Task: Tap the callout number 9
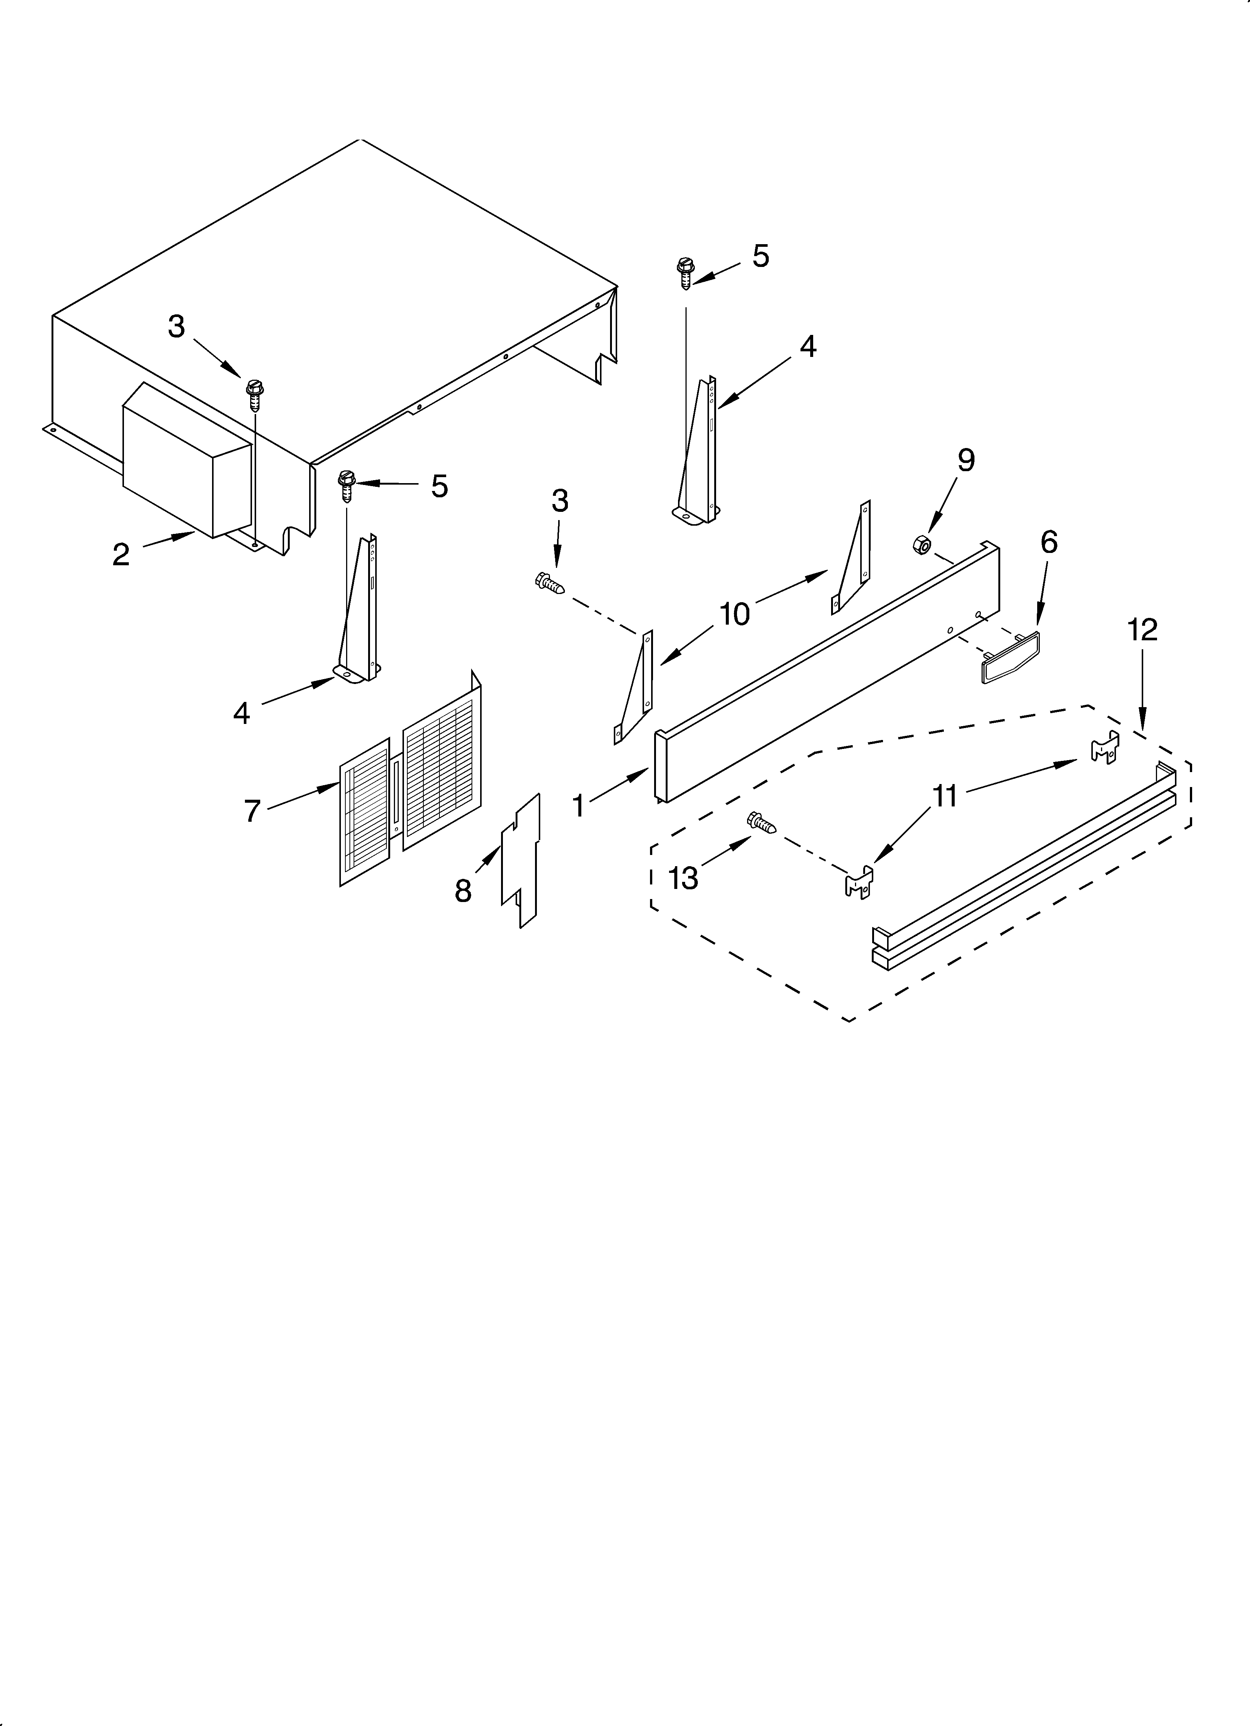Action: pos(965,460)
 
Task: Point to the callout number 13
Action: pos(683,878)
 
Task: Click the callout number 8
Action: pos(463,890)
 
